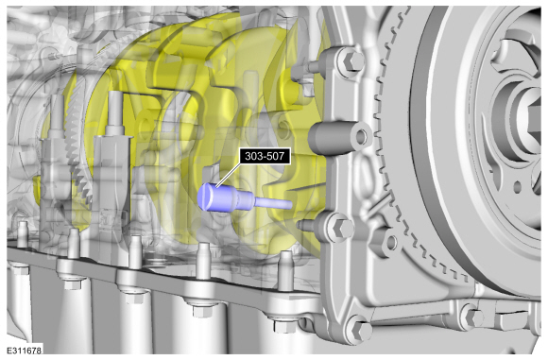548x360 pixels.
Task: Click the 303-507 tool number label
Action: pyautogui.click(x=265, y=156)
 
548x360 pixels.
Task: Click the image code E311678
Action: pyautogui.click(x=25, y=350)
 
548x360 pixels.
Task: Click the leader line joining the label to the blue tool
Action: pyautogui.click(x=228, y=174)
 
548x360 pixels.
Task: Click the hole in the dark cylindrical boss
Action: pyautogui.click(x=362, y=136)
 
